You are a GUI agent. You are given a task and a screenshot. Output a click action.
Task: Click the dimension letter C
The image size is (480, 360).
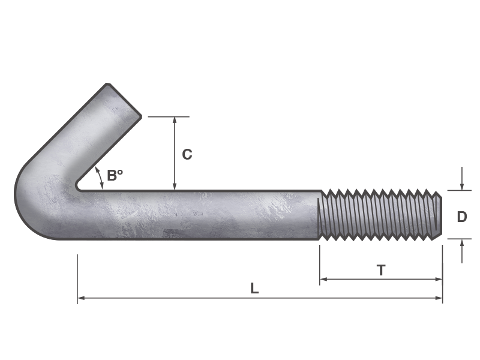tap(187, 154)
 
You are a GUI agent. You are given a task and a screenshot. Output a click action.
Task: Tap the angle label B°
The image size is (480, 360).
tap(115, 176)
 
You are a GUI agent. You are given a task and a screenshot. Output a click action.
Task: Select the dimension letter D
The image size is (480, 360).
tap(461, 217)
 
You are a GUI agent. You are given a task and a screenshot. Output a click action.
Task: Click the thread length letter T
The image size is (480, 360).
tap(381, 271)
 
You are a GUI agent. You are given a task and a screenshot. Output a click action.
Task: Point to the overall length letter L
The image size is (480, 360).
tap(254, 289)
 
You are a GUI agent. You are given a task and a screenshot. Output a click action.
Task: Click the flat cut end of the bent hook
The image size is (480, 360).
tap(124, 100)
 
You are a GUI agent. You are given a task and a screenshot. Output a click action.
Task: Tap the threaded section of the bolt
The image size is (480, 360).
tap(378, 215)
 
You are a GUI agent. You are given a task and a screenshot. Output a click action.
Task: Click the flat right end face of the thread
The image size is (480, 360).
tap(440, 215)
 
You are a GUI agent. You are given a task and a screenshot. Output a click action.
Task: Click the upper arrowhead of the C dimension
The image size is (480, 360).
tap(175, 121)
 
